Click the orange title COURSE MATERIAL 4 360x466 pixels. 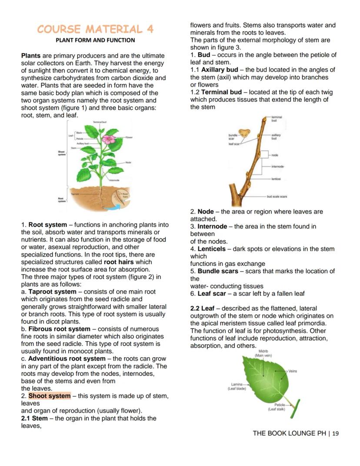[x=95, y=29]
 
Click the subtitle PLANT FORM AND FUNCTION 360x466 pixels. [x=95, y=40]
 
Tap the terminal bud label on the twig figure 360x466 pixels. [x=277, y=118]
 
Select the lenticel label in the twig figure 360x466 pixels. [x=277, y=179]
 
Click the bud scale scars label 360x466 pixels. [x=277, y=197]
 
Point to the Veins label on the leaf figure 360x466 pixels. [x=293, y=371]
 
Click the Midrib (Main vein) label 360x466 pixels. [x=263, y=353]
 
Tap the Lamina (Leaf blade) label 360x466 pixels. [x=237, y=386]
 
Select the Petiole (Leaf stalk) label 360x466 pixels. [x=277, y=407]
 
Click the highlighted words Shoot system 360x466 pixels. [x=49, y=396]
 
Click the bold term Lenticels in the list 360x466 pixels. [x=212, y=249]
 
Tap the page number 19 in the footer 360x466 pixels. [x=335, y=433]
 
